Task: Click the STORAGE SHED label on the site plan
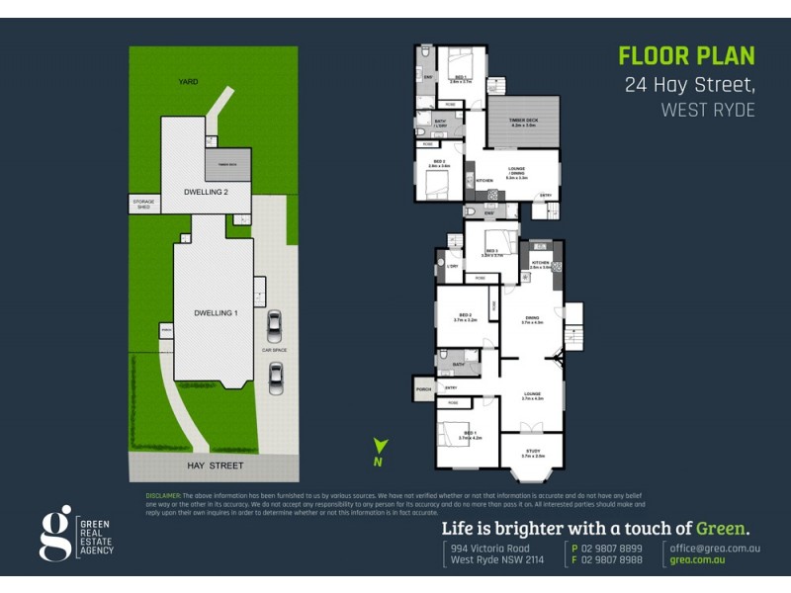coord(143,205)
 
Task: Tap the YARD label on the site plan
coord(189,83)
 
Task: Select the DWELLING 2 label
coord(207,191)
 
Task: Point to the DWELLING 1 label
coord(216,312)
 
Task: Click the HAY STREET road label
coord(215,466)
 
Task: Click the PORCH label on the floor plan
coord(424,387)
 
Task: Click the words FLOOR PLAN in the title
coord(686,55)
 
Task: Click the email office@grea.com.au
coord(714,548)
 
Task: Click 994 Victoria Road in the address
coord(489,548)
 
